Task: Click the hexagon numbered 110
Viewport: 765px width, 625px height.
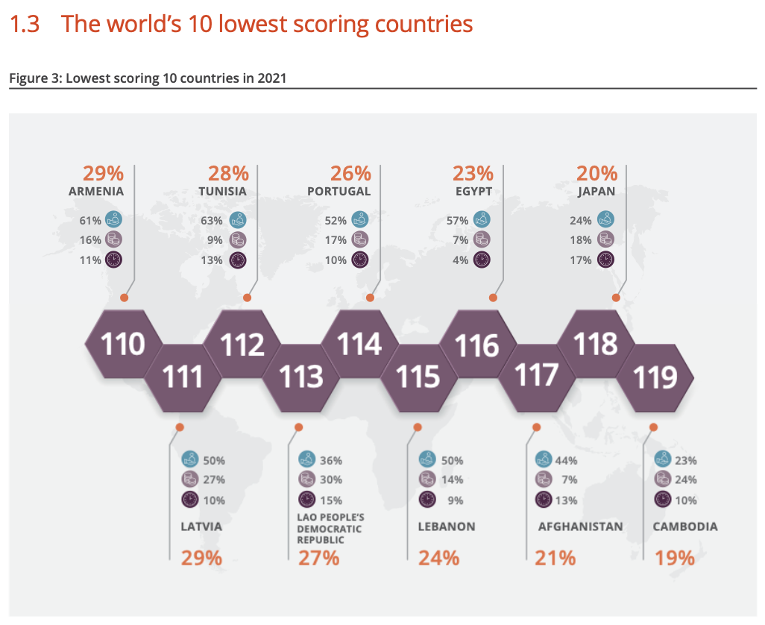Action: pyautogui.click(x=123, y=345)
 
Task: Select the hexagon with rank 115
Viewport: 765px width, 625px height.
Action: pyautogui.click(x=418, y=376)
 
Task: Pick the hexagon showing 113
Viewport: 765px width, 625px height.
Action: pyautogui.click(x=301, y=376)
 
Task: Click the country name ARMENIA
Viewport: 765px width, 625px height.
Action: pyautogui.click(x=96, y=192)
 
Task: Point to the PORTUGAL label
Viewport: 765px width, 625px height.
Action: pyautogui.click(x=339, y=192)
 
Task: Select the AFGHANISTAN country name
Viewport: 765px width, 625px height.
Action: pyautogui.click(x=580, y=527)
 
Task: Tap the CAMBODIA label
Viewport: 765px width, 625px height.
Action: pyautogui.click(x=685, y=527)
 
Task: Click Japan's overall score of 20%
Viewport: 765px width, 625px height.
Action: pyautogui.click(x=596, y=173)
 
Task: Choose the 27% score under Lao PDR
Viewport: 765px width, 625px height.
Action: pyautogui.click(x=319, y=557)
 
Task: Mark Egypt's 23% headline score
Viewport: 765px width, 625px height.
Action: pyautogui.click(x=473, y=173)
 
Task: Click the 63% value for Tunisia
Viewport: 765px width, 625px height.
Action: pyautogui.click(x=212, y=220)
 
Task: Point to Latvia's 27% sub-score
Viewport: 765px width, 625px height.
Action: pyautogui.click(x=214, y=480)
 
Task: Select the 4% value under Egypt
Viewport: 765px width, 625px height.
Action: pyautogui.click(x=461, y=260)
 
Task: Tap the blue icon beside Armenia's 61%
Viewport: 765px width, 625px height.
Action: pyautogui.click(x=113, y=219)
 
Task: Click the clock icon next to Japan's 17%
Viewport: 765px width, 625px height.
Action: pyautogui.click(x=605, y=260)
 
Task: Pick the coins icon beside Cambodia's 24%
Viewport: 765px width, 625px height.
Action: pyautogui.click(x=661, y=480)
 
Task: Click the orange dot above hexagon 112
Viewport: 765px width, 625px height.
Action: pyautogui.click(x=247, y=298)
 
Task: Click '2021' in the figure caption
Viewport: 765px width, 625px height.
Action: pyautogui.click(x=271, y=78)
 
